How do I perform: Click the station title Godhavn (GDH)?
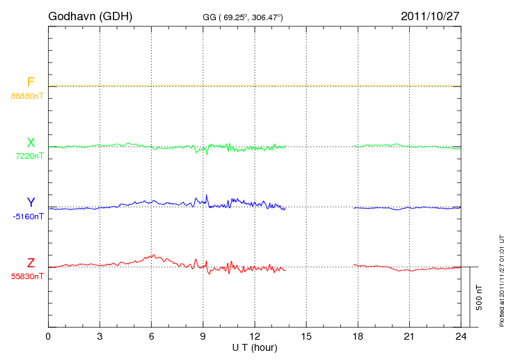tap(90, 16)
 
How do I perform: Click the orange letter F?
tap(31, 83)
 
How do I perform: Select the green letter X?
tap(31, 143)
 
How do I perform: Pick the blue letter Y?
tap(31, 203)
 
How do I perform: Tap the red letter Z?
tap(31, 262)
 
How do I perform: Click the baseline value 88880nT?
tap(27, 96)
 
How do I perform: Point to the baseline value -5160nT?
tap(28, 217)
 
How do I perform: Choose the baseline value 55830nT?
tap(27, 276)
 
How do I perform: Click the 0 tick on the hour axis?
tap(48, 336)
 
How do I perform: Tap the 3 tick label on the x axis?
tap(100, 336)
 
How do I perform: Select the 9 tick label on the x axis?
tap(203, 336)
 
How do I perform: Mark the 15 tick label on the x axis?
tap(306, 336)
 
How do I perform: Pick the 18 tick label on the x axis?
tap(358, 336)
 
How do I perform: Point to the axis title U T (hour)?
tap(255, 347)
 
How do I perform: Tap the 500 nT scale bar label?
tap(479, 297)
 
